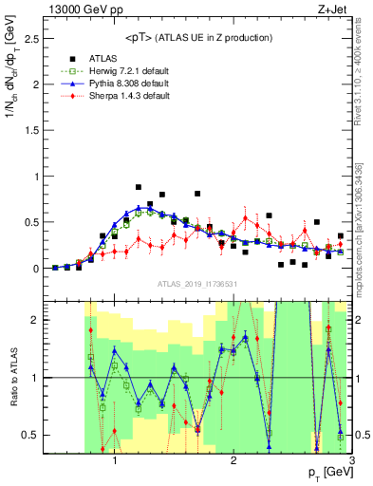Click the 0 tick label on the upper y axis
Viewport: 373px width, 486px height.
[x=36, y=268]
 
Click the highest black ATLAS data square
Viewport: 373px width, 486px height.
[x=139, y=188]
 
